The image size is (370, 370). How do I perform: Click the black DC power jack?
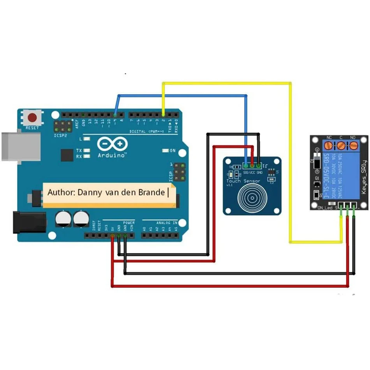coord(23,222)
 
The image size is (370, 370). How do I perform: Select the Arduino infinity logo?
coord(113,144)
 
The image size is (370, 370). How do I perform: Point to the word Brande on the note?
coord(154,192)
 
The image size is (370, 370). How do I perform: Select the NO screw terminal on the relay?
coord(353,146)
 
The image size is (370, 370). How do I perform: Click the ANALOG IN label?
coord(167,223)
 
